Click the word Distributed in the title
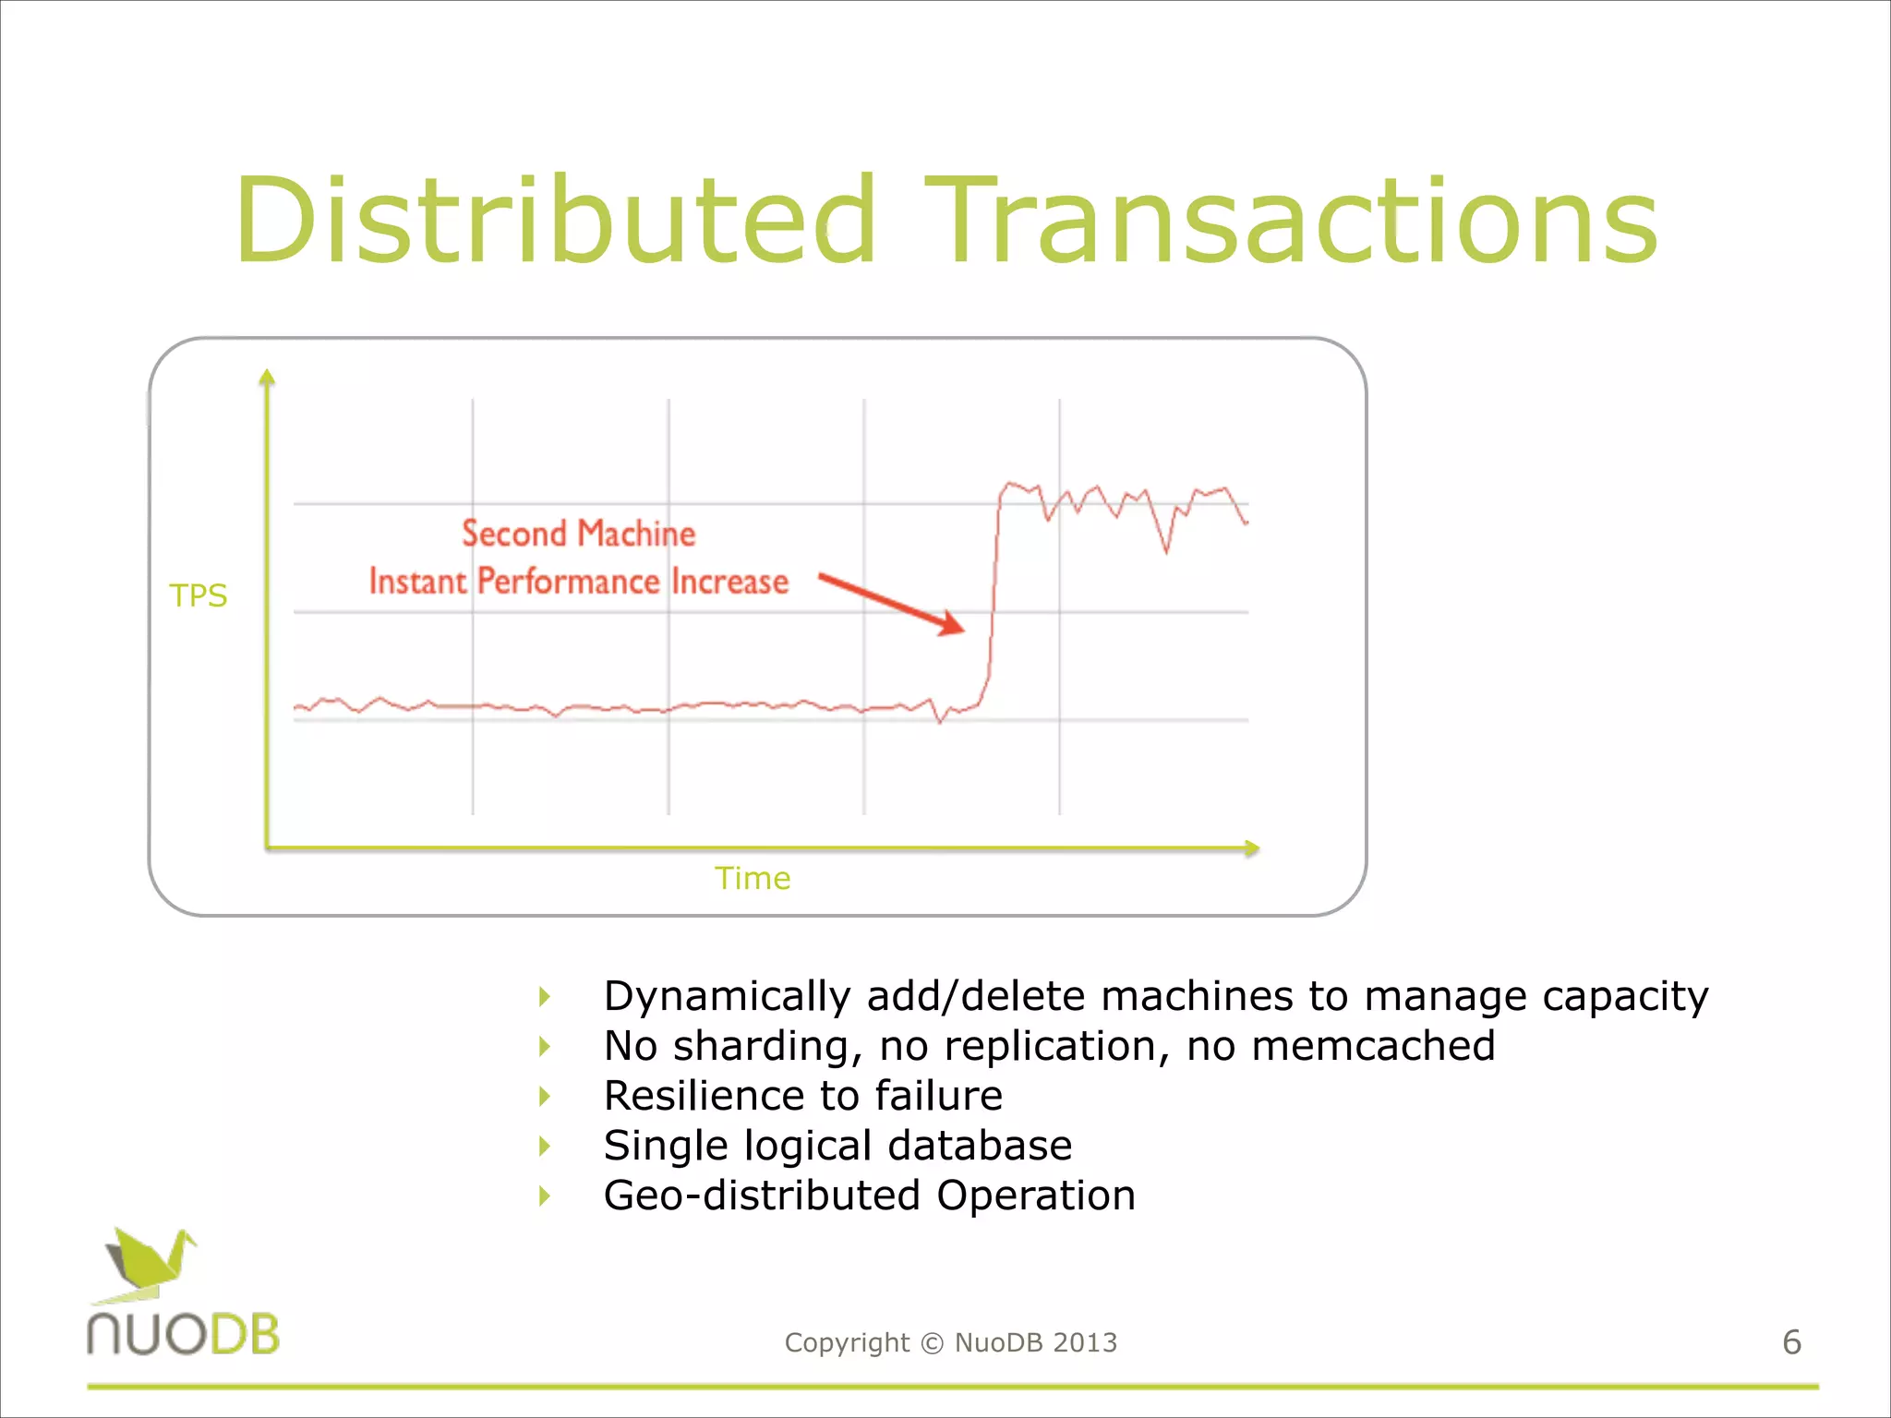pyautogui.click(x=554, y=222)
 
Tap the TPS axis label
pyautogui.click(x=198, y=595)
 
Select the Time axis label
pyautogui.click(x=753, y=878)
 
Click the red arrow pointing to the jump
pyautogui.click(x=891, y=604)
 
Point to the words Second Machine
pyautogui.click(x=578, y=534)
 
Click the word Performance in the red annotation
pyautogui.click(x=568, y=582)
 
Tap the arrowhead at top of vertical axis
pyautogui.click(x=267, y=375)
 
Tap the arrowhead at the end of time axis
pyautogui.click(x=1252, y=847)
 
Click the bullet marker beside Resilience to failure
pyautogui.click(x=545, y=1096)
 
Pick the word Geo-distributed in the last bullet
pyautogui.click(x=762, y=1196)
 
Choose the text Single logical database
pyautogui.click(x=837, y=1146)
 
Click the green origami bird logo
pyautogui.click(x=150, y=1260)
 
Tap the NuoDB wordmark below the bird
pyautogui.click(x=183, y=1335)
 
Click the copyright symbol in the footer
pyautogui.click(x=933, y=1343)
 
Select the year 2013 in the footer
pyautogui.click(x=1085, y=1342)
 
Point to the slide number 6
pyautogui.click(x=1791, y=1342)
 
